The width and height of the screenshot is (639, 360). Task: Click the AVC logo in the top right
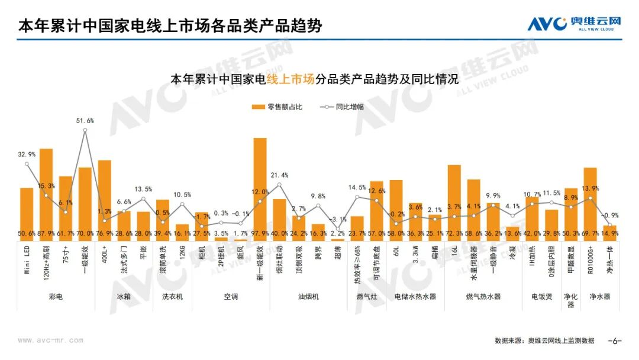pyautogui.click(x=574, y=24)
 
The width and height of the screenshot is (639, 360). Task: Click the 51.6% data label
pyautogui.click(x=85, y=121)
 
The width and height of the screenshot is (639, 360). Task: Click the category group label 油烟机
pyautogui.click(x=308, y=296)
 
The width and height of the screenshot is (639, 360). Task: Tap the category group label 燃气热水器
pyautogui.click(x=483, y=296)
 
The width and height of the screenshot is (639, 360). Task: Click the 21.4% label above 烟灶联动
pyautogui.click(x=280, y=175)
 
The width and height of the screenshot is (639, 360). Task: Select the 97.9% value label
pyautogui.click(x=260, y=234)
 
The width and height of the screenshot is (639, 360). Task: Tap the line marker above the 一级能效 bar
pyautogui.click(x=85, y=130)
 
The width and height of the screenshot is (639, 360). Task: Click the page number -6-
pyautogui.click(x=615, y=341)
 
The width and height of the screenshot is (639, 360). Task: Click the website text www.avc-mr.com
pyautogui.click(x=50, y=341)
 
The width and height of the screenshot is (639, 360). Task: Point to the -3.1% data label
pyautogui.click(x=337, y=220)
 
